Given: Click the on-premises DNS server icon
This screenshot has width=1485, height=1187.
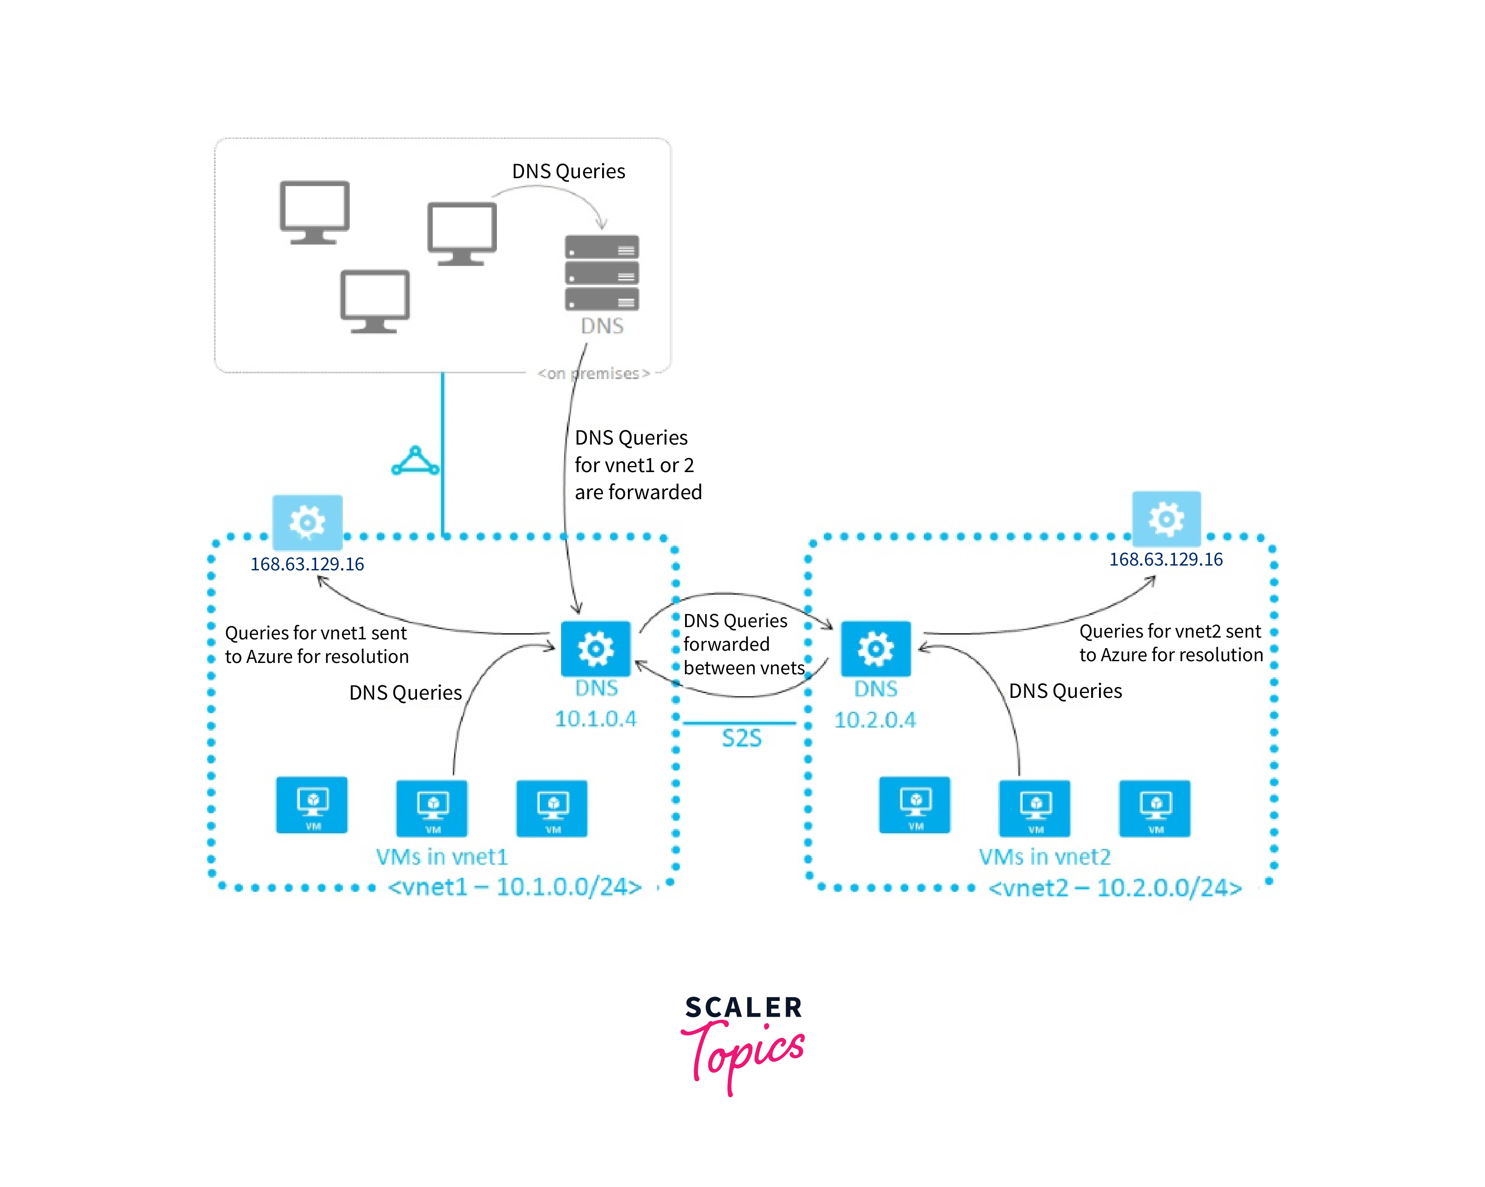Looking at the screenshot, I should [x=601, y=273].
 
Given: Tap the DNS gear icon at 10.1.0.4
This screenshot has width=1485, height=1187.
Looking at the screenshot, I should [x=596, y=648].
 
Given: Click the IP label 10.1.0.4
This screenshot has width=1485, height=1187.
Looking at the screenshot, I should [x=596, y=718].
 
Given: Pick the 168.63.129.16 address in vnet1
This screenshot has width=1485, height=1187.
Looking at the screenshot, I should [x=307, y=564].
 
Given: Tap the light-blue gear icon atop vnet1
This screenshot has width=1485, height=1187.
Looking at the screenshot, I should [x=307, y=521].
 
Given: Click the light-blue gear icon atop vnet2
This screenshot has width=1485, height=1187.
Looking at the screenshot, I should [x=1166, y=518].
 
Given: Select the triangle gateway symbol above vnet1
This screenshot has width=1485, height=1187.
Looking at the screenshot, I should [x=415, y=462].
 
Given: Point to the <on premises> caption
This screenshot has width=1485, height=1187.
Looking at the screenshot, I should [x=594, y=373].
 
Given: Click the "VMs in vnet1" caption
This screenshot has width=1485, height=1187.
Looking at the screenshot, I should [x=441, y=856].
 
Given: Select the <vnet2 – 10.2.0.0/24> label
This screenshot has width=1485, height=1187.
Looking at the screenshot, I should [x=1115, y=887].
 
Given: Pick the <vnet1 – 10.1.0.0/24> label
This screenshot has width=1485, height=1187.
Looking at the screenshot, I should [x=514, y=887].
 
